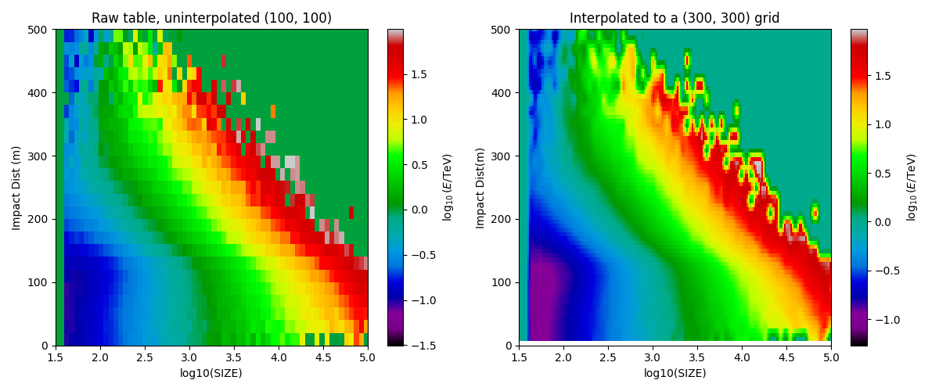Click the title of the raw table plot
coord(211,18)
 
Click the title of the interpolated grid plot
coord(675,18)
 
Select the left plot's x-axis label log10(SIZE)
coord(211,373)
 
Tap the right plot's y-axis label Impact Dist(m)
coord(480,188)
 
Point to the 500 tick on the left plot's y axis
coord(41,30)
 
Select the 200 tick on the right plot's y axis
coord(505,219)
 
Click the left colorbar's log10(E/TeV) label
coord(448,188)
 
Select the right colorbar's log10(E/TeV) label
coord(912,188)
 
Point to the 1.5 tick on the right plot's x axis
coord(519,357)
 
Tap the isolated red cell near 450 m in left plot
coord(224,61)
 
